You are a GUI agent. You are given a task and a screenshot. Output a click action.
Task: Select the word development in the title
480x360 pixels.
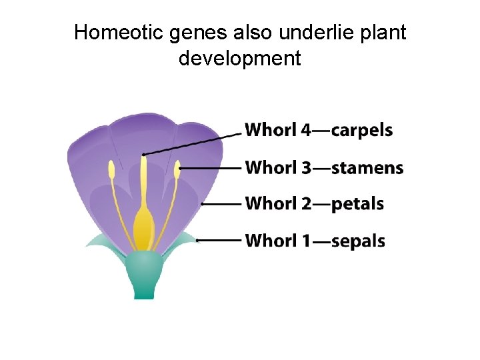pos(240,59)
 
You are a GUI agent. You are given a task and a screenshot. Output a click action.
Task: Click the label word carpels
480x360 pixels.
pos(362,130)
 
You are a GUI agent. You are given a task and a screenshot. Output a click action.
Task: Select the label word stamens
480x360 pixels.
pos(367,167)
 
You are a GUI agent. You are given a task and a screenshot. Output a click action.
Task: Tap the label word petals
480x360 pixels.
pos(357,203)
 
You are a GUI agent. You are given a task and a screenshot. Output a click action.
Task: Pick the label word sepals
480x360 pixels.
pos(358,240)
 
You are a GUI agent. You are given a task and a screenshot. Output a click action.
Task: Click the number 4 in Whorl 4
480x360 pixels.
pos(305,130)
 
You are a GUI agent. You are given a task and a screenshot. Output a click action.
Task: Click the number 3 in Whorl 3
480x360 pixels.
pos(305,167)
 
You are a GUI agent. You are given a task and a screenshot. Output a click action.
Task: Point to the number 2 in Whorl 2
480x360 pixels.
pos(305,203)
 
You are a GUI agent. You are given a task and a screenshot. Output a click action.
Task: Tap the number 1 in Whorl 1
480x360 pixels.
pos(305,240)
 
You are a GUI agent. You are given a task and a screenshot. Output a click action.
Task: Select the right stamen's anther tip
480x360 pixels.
pos(177,169)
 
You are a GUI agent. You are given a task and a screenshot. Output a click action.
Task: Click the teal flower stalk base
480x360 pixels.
pos(143,280)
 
